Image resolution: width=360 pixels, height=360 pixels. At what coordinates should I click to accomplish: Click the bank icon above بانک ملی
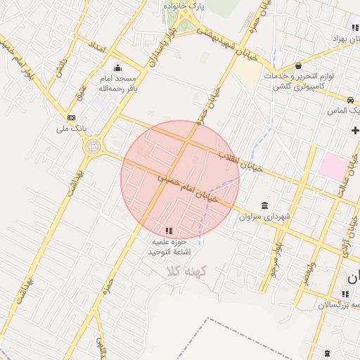(x=71, y=117)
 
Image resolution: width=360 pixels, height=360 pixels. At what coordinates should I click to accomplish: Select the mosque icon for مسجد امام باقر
(x=117, y=68)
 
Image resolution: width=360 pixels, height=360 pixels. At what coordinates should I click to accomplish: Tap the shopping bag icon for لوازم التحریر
(x=298, y=65)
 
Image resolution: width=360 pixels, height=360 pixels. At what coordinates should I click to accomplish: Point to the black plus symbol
(x=355, y=130)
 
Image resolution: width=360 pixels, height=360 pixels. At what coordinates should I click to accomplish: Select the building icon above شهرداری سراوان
(x=264, y=205)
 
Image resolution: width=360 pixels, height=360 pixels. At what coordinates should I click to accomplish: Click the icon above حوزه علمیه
(x=168, y=231)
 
